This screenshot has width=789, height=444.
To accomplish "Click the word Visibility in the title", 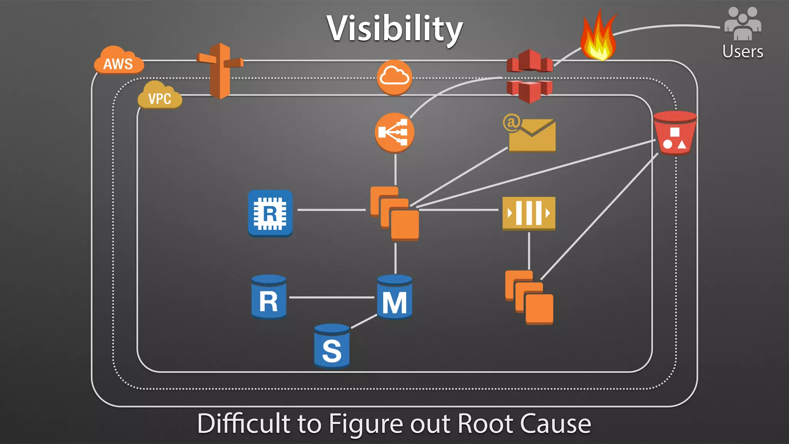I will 394,29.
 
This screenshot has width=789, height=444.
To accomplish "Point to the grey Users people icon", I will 742,24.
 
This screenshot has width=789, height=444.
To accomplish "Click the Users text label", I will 742,52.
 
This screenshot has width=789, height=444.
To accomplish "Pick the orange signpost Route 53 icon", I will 220,71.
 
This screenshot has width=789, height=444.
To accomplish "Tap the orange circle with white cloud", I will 394,77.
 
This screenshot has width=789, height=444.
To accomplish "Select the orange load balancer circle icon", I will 394,133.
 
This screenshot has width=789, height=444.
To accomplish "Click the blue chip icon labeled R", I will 270,213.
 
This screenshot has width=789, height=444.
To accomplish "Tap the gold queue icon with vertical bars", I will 529,213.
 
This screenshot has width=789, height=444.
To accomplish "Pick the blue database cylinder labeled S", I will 332,346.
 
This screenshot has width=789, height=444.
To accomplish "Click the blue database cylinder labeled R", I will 269,297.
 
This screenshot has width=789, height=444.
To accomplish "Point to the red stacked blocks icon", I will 529,76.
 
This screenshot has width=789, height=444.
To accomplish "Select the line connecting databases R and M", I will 331,298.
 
